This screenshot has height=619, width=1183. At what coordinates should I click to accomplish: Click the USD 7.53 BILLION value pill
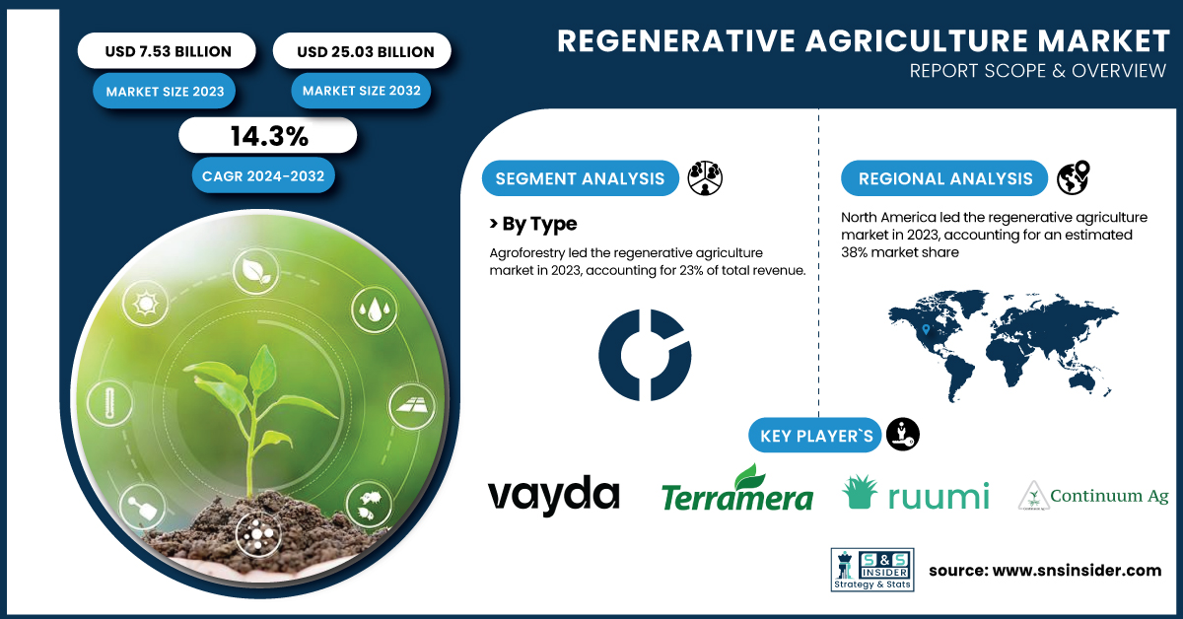[167, 50]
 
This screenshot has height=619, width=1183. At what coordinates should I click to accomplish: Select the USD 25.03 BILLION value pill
[363, 50]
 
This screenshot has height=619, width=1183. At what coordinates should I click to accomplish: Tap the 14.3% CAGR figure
[268, 136]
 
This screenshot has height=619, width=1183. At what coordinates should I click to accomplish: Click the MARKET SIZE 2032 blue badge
[361, 91]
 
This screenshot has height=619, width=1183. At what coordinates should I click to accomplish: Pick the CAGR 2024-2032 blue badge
[263, 175]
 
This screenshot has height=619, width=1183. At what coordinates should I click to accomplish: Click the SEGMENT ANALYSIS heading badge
[580, 178]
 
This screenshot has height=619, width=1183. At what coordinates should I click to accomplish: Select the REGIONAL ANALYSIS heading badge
[944, 178]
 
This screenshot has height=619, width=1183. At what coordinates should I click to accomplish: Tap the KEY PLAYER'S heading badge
[815, 436]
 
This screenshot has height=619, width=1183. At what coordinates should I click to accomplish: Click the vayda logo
[553, 495]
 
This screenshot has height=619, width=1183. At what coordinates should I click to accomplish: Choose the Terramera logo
[737, 488]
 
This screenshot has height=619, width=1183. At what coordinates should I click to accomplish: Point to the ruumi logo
[915, 493]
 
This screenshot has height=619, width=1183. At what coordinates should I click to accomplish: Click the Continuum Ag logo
[1093, 496]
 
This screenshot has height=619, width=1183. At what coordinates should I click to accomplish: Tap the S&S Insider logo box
[872, 570]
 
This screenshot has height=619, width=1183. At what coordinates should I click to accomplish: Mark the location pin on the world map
[926, 330]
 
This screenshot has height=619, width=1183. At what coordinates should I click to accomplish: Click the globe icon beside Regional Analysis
[1074, 177]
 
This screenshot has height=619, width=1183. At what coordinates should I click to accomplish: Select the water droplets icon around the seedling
[375, 309]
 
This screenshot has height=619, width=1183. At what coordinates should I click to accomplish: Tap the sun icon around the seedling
[145, 304]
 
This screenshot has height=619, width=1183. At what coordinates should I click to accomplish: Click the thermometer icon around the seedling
[109, 403]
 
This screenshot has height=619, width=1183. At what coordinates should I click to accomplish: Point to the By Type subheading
[533, 224]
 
